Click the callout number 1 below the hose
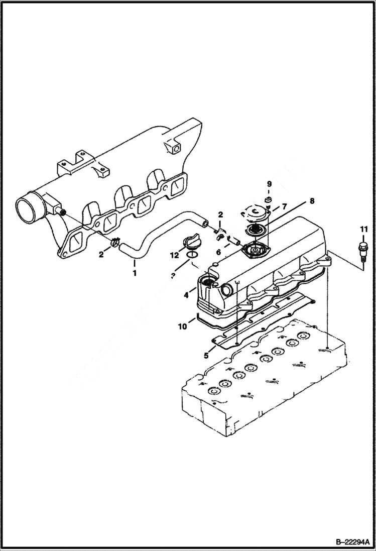(134, 273)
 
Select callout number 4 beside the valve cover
(186, 295)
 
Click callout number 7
(284, 206)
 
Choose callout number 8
(312, 201)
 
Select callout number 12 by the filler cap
(174, 255)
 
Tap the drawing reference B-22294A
(348, 541)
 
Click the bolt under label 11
(360, 250)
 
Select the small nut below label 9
(268, 201)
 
